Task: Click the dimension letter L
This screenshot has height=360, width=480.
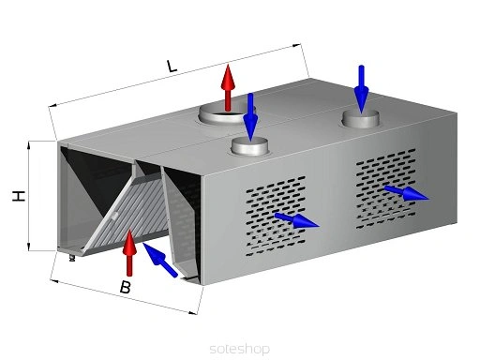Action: tap(172, 66)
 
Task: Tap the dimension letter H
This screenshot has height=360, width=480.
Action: tap(19, 196)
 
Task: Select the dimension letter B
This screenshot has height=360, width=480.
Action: tap(126, 287)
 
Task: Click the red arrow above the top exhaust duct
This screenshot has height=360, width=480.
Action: tap(228, 87)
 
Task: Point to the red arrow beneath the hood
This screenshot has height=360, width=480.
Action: tap(129, 252)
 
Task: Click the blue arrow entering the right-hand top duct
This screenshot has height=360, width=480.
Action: tap(361, 89)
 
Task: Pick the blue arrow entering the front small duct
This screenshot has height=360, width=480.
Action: tap(250, 117)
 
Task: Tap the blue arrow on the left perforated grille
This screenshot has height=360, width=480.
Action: tap(296, 220)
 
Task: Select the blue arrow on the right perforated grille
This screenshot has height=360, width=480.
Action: tap(406, 193)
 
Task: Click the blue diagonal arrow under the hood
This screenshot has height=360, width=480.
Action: tap(160, 260)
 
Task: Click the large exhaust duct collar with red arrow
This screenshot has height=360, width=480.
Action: tap(227, 113)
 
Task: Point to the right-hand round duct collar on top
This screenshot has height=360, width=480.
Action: tap(361, 119)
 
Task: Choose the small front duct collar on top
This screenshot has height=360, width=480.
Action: tap(249, 146)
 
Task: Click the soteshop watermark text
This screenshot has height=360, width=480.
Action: tap(240, 349)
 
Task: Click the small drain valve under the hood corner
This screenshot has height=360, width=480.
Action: tap(72, 258)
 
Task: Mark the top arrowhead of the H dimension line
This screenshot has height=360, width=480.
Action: tap(29, 144)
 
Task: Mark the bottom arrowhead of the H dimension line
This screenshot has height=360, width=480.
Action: tap(29, 247)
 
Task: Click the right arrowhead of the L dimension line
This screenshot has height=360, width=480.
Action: tap(298, 46)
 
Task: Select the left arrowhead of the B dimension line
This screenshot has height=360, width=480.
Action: tap(53, 281)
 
